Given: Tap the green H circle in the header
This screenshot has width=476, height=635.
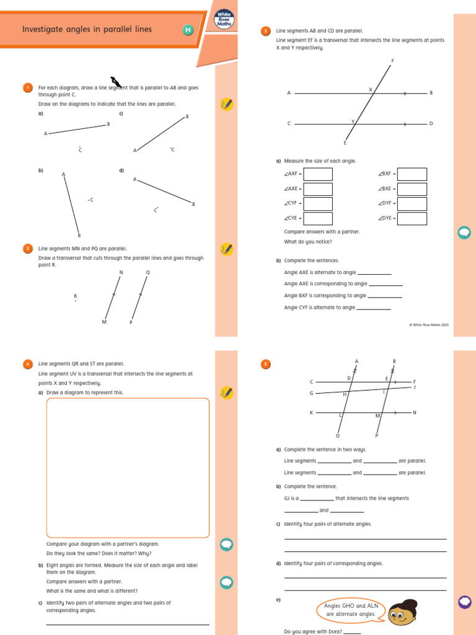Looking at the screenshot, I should (188, 30).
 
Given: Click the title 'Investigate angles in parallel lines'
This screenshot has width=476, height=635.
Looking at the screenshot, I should (87, 29).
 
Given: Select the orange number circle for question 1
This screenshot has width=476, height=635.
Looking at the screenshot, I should (28, 88).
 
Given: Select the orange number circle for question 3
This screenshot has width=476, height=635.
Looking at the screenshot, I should (265, 31).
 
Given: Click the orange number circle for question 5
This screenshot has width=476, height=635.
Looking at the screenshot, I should (265, 365).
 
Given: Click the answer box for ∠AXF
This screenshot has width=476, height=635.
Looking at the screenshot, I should (318, 174).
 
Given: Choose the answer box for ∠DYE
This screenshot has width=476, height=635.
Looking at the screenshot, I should (412, 218).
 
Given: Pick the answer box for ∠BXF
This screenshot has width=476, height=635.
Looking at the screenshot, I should (412, 174).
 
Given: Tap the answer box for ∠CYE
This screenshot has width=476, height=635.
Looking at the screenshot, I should (318, 218).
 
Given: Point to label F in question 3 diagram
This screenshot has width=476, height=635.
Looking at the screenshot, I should (392, 61).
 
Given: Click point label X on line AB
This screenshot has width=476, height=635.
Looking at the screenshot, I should (371, 89).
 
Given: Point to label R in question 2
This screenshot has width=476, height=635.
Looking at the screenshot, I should (75, 296).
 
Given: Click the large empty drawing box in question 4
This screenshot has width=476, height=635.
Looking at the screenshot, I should (128, 468).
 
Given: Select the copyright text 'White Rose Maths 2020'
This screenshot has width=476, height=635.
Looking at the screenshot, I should (429, 324).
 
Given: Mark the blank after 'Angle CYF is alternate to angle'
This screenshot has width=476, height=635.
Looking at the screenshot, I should (374, 308).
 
